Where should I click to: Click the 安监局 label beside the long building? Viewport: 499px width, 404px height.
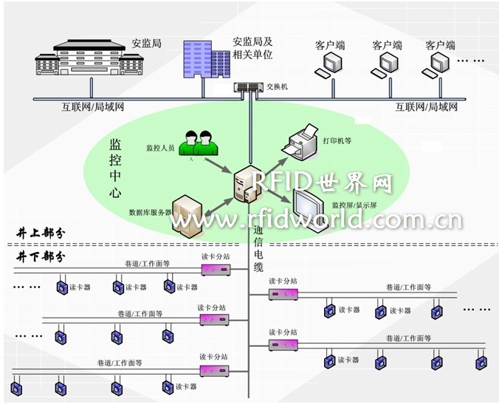pos(145,43)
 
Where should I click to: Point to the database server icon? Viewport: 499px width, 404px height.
pos(187,216)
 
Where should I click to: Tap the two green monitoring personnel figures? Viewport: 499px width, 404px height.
pos(199,143)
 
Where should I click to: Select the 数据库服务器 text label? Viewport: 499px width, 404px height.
pos(150,212)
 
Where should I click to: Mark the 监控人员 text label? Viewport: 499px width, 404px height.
pos(160,148)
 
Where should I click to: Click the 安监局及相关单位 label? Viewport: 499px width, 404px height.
pos(252,49)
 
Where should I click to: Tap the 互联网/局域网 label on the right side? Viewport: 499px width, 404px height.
pos(427,107)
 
